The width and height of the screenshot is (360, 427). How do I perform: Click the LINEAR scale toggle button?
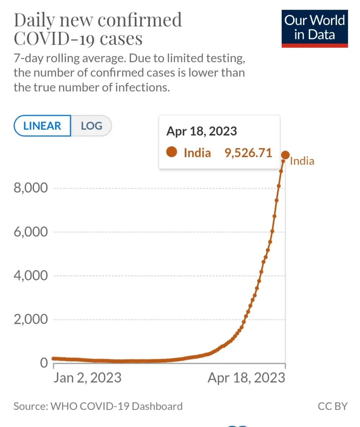click(x=42, y=126)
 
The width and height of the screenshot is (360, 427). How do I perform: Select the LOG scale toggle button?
click(x=91, y=126)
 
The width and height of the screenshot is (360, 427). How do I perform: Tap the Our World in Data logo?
click(x=315, y=29)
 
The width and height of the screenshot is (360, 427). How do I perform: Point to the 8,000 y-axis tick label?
click(x=31, y=188)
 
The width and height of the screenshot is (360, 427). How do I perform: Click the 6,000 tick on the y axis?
click(x=31, y=232)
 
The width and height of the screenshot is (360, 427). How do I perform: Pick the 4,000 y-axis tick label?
click(x=31, y=276)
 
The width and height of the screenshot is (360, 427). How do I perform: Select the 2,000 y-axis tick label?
click(x=31, y=319)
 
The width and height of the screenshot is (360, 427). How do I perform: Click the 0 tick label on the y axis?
click(x=44, y=363)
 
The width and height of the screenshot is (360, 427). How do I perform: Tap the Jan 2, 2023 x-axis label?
click(x=87, y=378)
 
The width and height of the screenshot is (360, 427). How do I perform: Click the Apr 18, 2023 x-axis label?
click(x=246, y=378)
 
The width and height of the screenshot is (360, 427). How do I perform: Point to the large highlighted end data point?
click(x=285, y=155)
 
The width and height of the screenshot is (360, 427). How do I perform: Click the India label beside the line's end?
click(x=302, y=161)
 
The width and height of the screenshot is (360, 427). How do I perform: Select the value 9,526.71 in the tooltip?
click(x=248, y=153)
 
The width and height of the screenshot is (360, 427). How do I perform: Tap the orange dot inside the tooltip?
click(x=172, y=152)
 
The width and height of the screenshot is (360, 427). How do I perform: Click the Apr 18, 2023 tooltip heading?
click(x=202, y=131)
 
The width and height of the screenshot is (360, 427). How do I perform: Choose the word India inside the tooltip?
click(x=197, y=153)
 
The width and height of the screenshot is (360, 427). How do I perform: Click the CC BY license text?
click(x=333, y=406)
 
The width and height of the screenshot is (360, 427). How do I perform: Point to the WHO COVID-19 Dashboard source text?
click(x=117, y=406)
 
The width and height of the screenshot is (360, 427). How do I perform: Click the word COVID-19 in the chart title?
click(x=54, y=38)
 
